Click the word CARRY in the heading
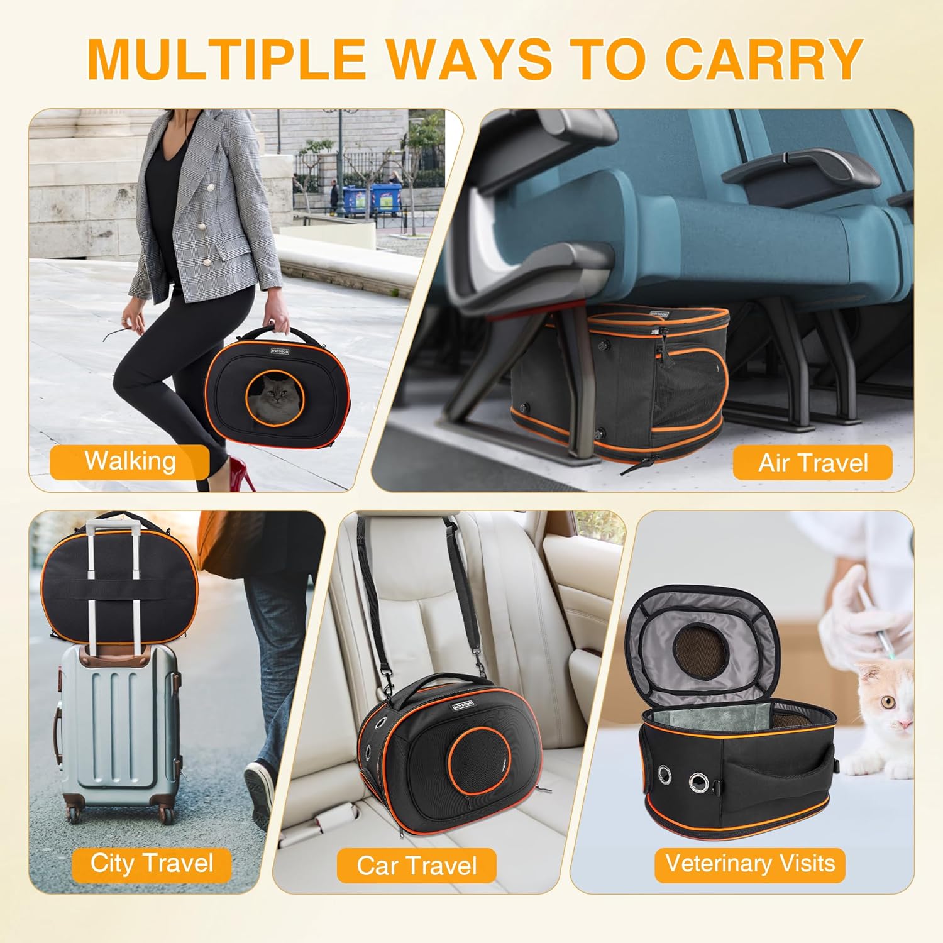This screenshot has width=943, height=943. point(763,59)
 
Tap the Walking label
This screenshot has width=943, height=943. point(130,461)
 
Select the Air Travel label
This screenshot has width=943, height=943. point(812,463)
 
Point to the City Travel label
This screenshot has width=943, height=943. point(152,863)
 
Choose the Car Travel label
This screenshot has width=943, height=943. point(417,866)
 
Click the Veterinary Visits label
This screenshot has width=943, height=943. point(749,863)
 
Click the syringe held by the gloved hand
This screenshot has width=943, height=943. point(877,629)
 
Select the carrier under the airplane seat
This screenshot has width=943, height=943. point(619,383)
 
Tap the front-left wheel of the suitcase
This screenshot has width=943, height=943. point(74,815)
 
